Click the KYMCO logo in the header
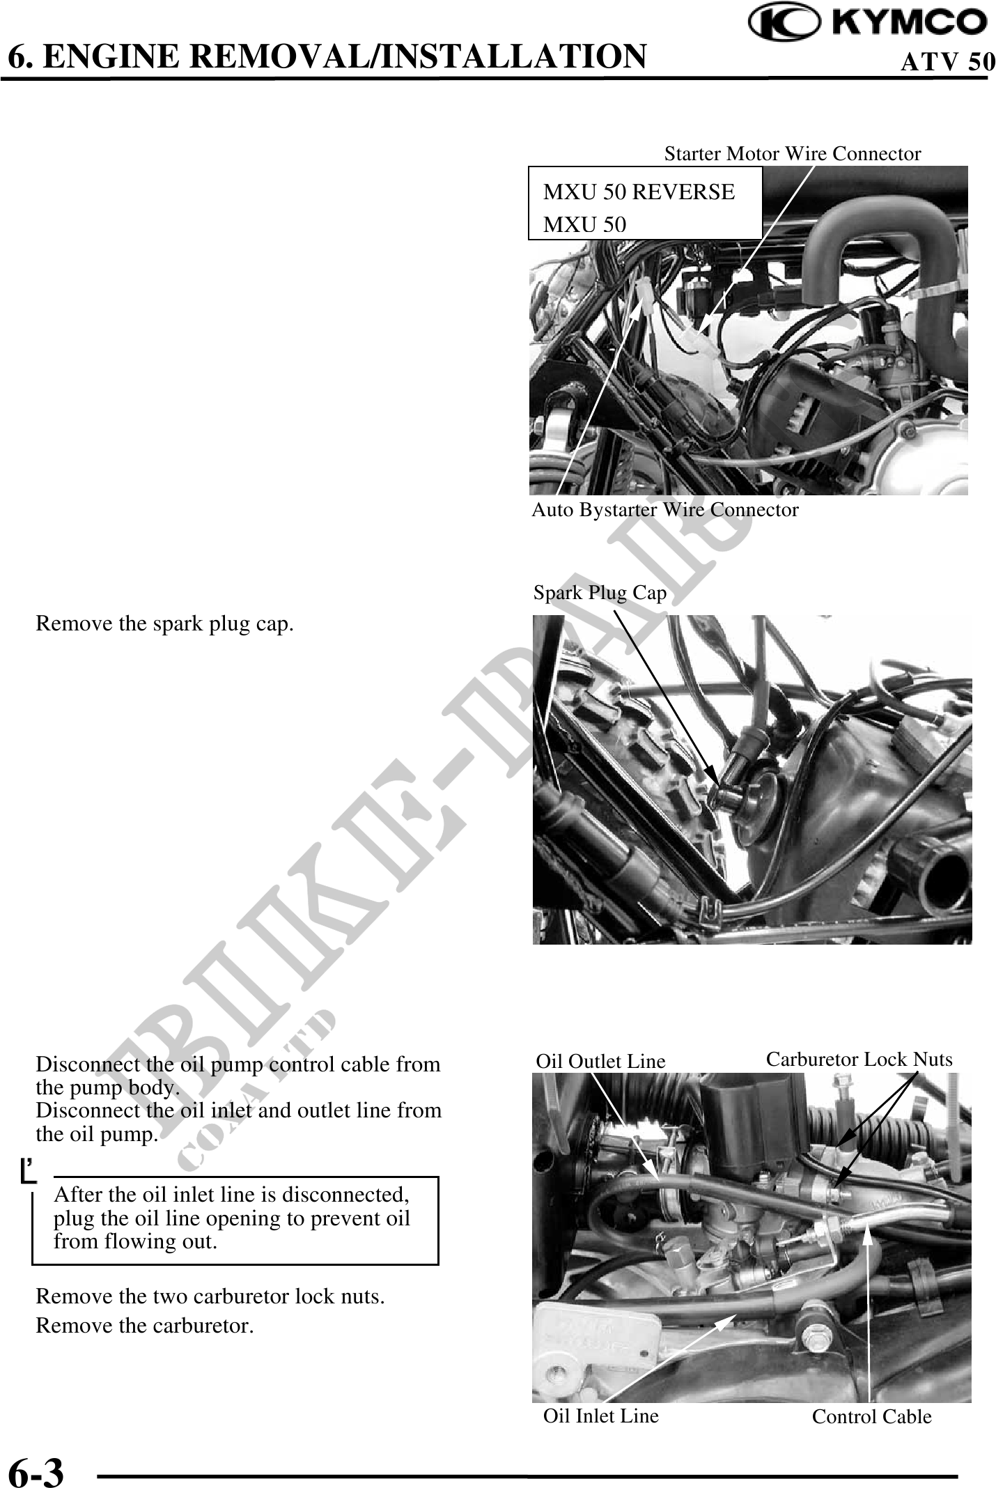pyautogui.click(x=868, y=23)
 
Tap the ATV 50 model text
pyautogui.click(x=947, y=62)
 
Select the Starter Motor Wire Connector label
pyautogui.click(x=793, y=154)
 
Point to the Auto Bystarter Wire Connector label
pyautogui.click(x=665, y=510)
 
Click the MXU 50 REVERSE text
pyautogui.click(x=639, y=192)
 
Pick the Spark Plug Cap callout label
pyautogui.click(x=600, y=593)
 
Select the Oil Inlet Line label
pyautogui.click(x=600, y=1416)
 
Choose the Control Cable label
pyautogui.click(x=871, y=1417)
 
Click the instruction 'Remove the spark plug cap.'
pyautogui.click(x=164, y=624)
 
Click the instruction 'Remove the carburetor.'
pyautogui.click(x=145, y=1326)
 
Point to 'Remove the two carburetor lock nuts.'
pyautogui.click(x=210, y=1297)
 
